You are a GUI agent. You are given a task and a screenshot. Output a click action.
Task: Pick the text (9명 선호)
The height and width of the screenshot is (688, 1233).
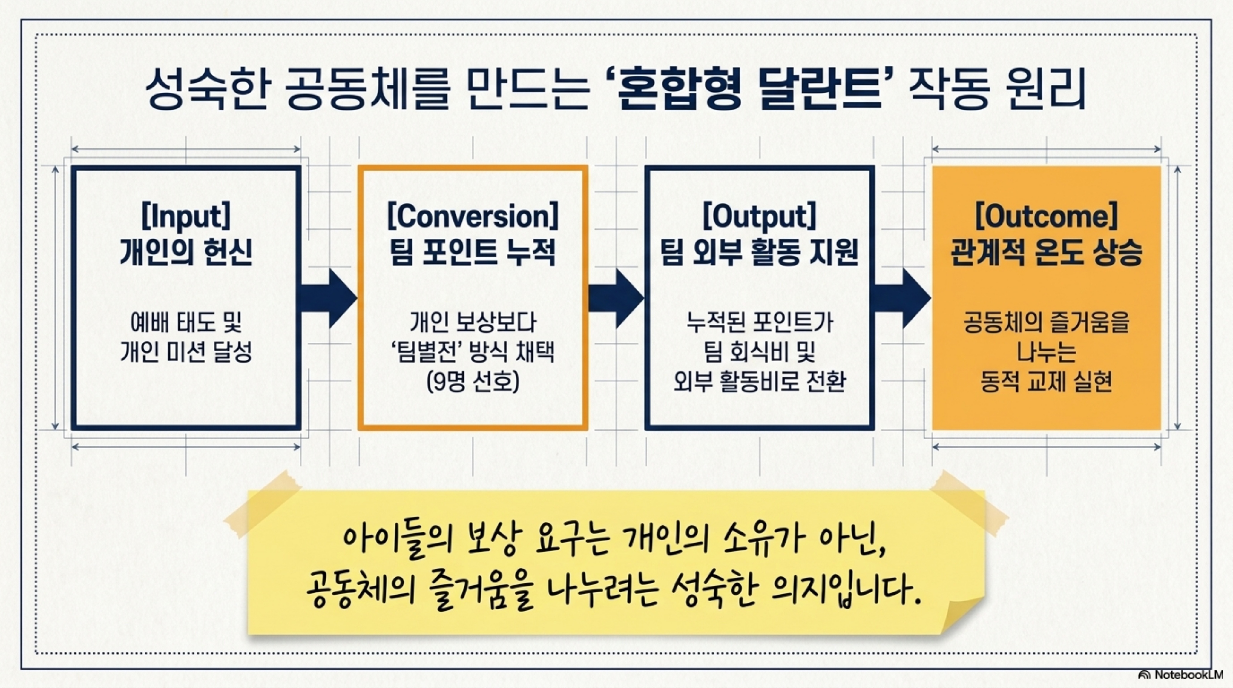coord(473,382)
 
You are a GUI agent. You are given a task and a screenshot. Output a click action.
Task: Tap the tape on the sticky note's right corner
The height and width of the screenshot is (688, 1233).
coord(967,502)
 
